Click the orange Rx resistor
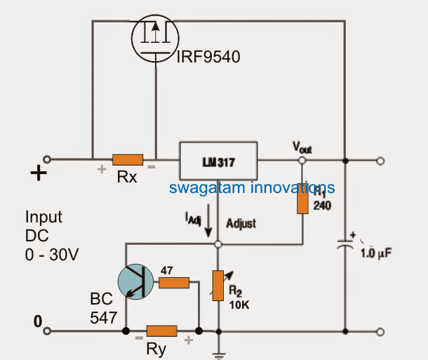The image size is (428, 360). click(128, 160)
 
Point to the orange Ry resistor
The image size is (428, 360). click(162, 330)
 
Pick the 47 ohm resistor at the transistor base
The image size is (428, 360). click(173, 282)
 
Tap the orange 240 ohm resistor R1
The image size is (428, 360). click(302, 200)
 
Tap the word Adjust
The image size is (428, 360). click(241, 223)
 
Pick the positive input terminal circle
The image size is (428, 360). click(47, 160)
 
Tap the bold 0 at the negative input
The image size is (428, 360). click(38, 321)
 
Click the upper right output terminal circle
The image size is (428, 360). click(380, 161)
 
